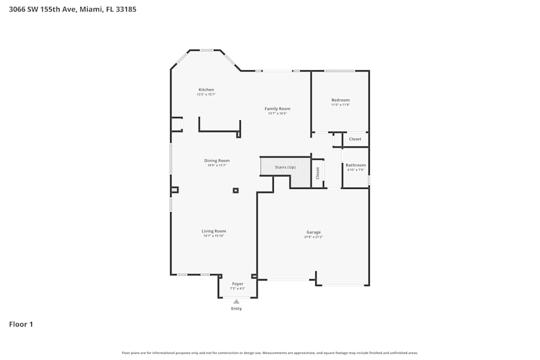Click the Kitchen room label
coord(206,90)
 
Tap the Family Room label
coord(277,108)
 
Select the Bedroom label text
coord(340,100)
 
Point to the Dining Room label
coord(217,160)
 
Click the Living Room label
coord(214,231)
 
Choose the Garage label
coord(313,232)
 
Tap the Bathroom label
coord(355,165)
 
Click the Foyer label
coord(238,284)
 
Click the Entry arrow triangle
coord(236,302)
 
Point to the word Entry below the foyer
coord(237,309)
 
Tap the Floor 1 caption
coord(21,324)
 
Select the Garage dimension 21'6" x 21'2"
coord(313,237)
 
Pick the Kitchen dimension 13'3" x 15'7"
coord(206,94)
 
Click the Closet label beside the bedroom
coord(355,139)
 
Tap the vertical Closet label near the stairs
coord(318,173)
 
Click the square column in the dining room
coord(235,190)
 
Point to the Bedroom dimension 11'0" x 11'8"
coord(340,105)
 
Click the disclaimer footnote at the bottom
coord(269,353)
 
